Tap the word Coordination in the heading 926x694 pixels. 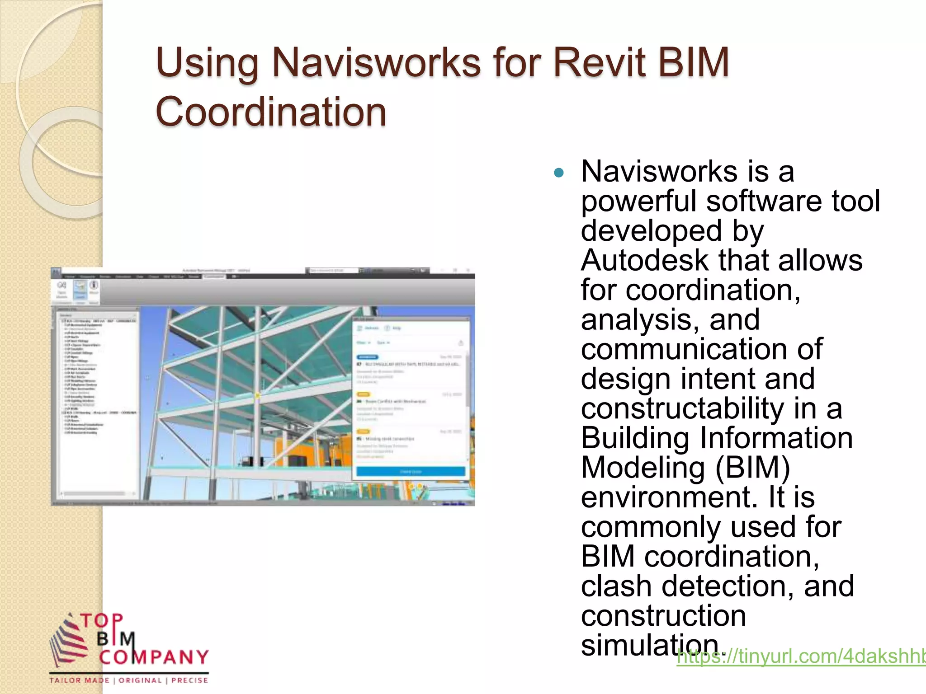[x=270, y=112]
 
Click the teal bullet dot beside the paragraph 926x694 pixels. [x=559, y=173]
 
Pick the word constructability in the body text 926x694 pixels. [x=682, y=408]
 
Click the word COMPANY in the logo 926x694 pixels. [x=154, y=657]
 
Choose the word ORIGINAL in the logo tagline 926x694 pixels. [x=140, y=680]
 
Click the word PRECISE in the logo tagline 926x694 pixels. [x=190, y=680]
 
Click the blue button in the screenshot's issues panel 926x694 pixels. [x=410, y=472]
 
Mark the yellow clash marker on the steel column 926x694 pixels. [x=257, y=396]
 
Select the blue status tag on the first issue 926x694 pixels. [x=367, y=357]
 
